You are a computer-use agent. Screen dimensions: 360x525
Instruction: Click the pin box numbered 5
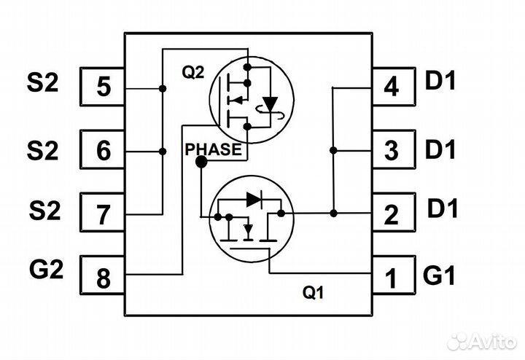pyautogui.click(x=102, y=87)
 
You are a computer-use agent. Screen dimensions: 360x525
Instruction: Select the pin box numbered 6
pyautogui.click(x=102, y=152)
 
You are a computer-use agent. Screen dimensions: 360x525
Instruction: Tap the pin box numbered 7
pyautogui.click(x=102, y=214)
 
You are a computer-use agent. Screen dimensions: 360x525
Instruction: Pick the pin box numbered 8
pyautogui.click(x=102, y=277)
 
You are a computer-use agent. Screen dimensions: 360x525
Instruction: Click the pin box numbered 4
pyautogui.click(x=392, y=87)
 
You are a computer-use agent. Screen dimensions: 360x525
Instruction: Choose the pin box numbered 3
pyautogui.click(x=392, y=152)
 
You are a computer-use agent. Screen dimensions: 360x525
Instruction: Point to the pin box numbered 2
pyautogui.click(x=392, y=214)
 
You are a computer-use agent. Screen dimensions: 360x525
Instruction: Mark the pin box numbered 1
pyautogui.click(x=392, y=277)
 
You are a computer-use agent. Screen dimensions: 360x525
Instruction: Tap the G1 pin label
pyautogui.click(x=440, y=276)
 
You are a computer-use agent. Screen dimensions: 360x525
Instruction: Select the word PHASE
pyautogui.click(x=213, y=149)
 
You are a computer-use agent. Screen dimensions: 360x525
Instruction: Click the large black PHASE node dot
pyautogui.click(x=201, y=163)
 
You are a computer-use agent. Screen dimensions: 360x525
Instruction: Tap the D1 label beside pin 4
pyautogui.click(x=440, y=81)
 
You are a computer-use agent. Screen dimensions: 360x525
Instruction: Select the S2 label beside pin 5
pyautogui.click(x=42, y=82)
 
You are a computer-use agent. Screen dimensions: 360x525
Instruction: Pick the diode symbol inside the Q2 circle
pyautogui.click(x=271, y=103)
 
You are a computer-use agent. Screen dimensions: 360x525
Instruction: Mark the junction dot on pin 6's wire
pyautogui.click(x=161, y=152)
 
